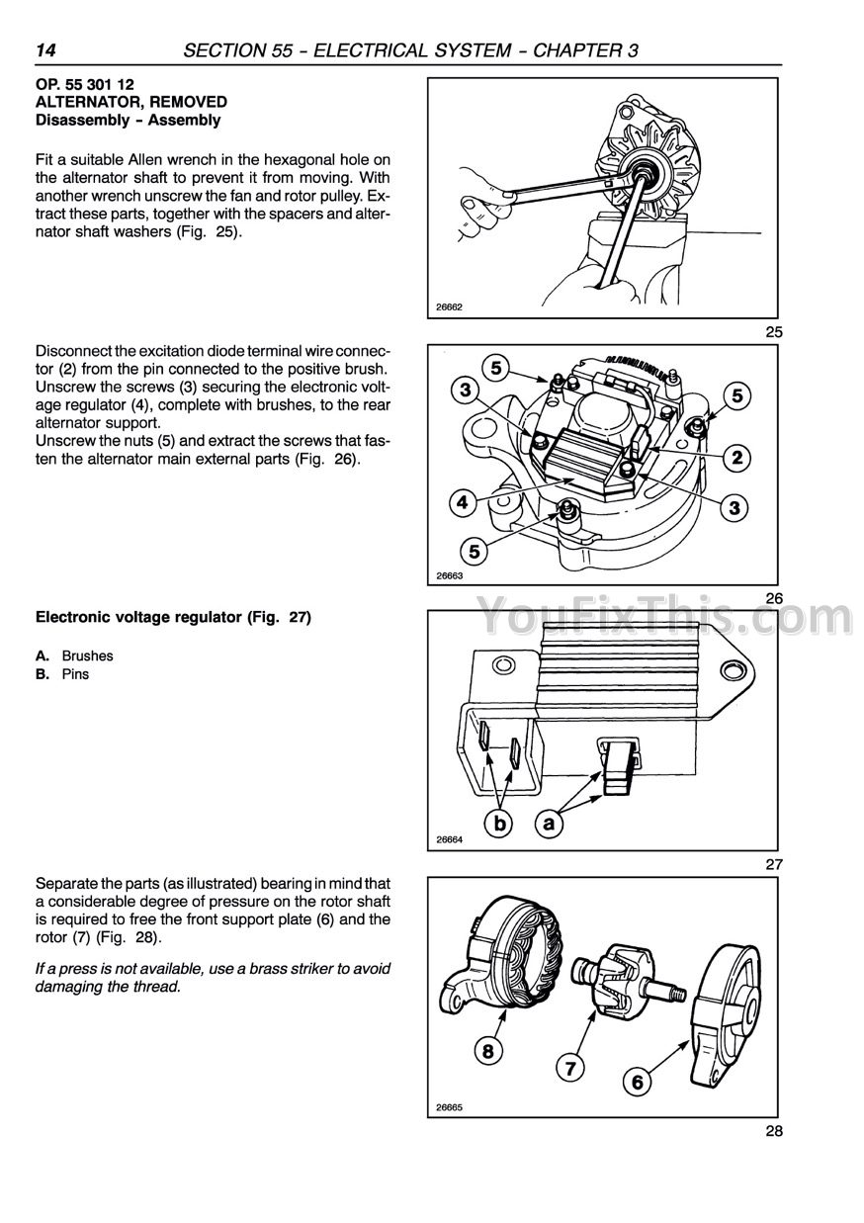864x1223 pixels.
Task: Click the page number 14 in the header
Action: click(x=48, y=49)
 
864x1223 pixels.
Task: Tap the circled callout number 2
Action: click(x=735, y=457)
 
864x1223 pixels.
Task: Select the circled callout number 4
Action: click(x=462, y=502)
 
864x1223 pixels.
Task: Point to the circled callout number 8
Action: click(x=486, y=1051)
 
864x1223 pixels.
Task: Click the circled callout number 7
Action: click(x=568, y=1068)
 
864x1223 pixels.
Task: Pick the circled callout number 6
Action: click(x=637, y=1083)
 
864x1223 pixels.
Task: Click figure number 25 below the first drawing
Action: click(x=773, y=332)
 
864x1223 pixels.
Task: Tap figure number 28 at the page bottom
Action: click(x=773, y=1132)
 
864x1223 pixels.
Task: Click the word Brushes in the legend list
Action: click(x=87, y=655)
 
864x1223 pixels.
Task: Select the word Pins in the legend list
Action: click(x=75, y=674)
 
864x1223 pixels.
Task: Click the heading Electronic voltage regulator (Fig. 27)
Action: click(x=173, y=618)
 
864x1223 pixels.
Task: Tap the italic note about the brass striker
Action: click(x=213, y=978)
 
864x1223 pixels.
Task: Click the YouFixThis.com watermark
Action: click(x=664, y=618)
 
